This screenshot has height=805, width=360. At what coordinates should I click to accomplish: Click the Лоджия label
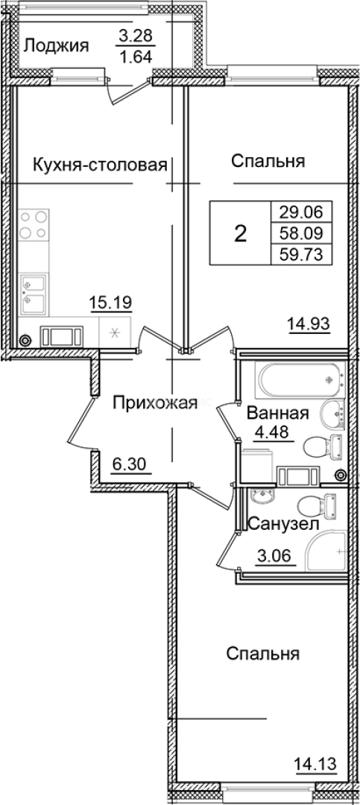click(57, 46)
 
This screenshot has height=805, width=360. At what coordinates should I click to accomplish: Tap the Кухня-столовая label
click(98, 165)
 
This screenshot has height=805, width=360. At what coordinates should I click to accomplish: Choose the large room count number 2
click(240, 233)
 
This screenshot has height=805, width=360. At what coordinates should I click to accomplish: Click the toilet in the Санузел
click(325, 505)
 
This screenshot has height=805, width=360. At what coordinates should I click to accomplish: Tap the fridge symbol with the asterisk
click(115, 332)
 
